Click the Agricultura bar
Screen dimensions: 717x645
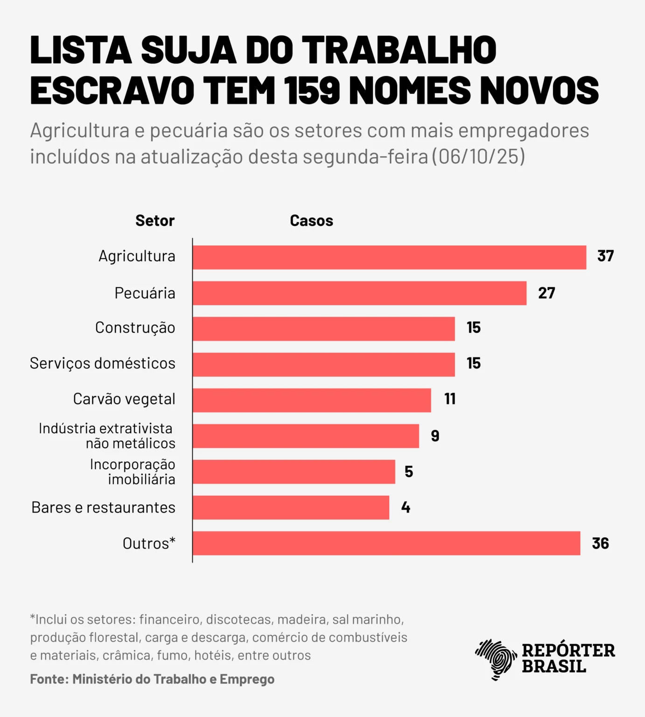click(389, 257)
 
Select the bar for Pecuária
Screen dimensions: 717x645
click(359, 293)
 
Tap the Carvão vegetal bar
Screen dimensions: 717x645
click(312, 400)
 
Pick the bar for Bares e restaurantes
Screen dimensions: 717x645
click(291, 507)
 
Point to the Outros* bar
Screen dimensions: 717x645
click(386, 543)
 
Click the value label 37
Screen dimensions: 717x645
click(605, 256)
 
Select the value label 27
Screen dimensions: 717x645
click(546, 293)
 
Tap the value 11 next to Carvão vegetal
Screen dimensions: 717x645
click(449, 399)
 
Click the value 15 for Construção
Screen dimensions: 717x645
click(473, 328)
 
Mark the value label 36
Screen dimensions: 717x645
click(600, 543)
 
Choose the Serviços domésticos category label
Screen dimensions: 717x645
click(103, 363)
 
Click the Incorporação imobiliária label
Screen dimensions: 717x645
click(133, 471)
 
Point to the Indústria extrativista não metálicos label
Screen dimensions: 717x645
click(107, 436)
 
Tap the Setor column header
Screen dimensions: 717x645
click(154, 220)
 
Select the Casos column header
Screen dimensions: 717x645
click(311, 220)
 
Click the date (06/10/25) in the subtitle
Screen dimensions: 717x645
click(478, 157)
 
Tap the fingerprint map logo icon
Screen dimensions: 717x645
click(495, 658)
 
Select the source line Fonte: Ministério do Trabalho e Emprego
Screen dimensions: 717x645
click(152, 679)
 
